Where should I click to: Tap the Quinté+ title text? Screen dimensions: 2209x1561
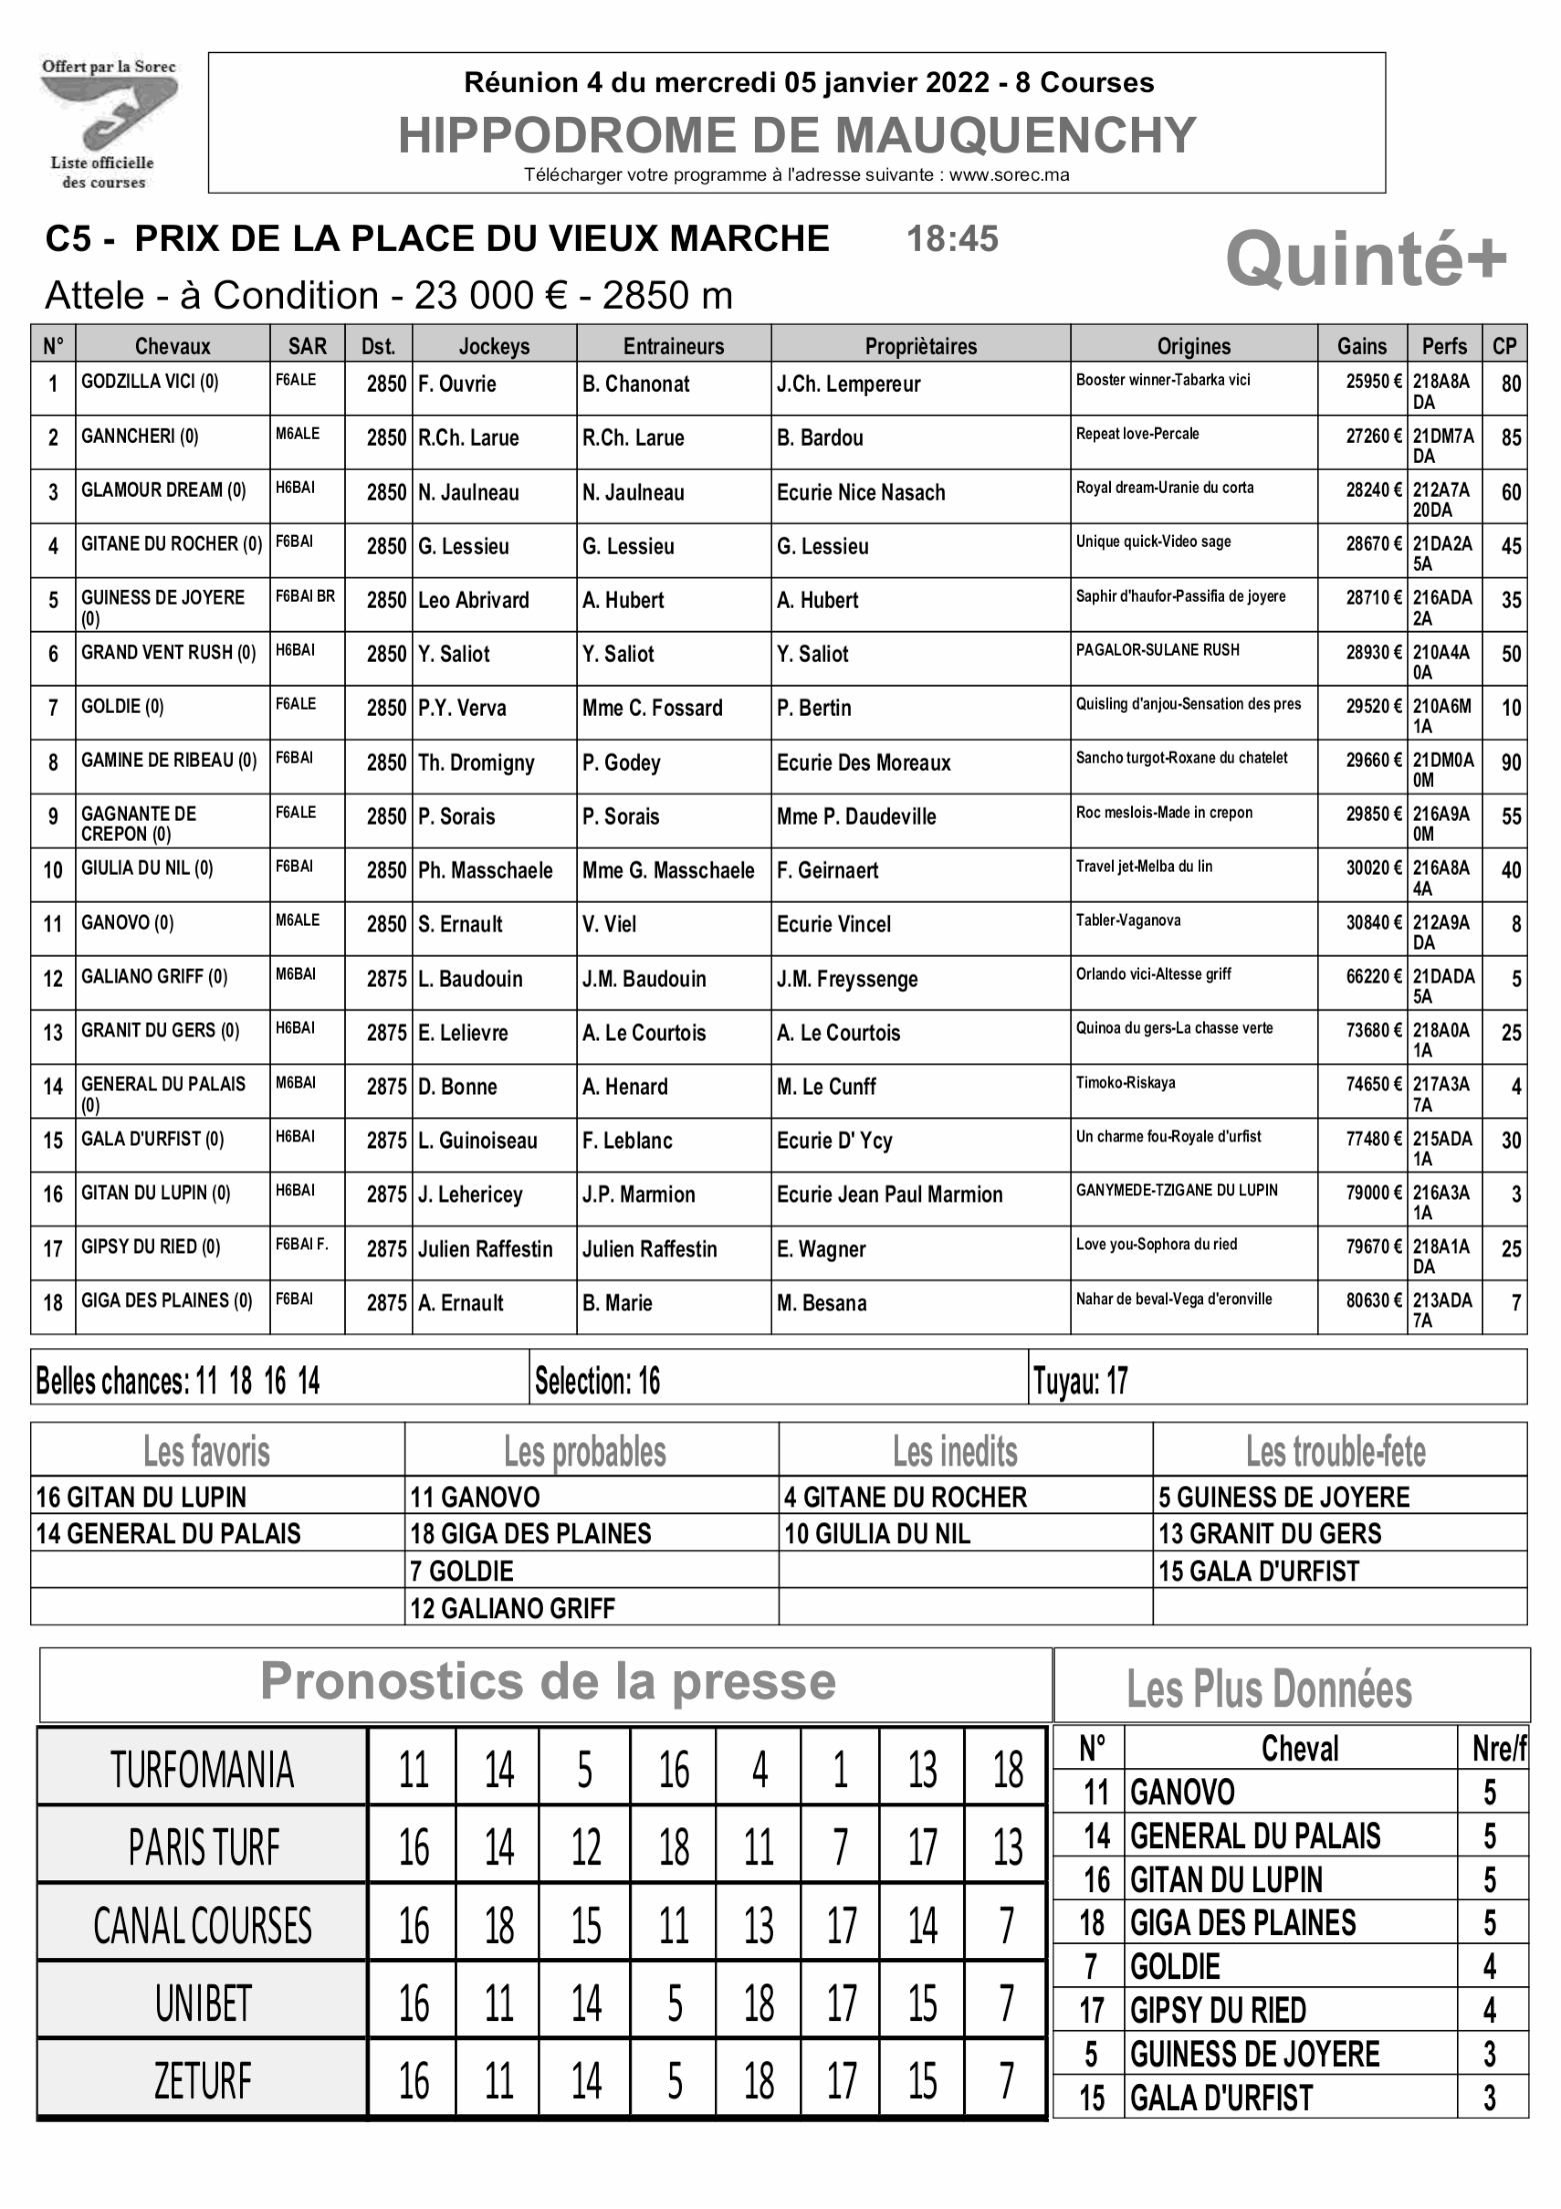tap(1365, 259)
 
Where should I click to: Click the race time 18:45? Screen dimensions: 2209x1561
tap(952, 239)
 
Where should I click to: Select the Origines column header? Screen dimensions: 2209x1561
tap(1193, 346)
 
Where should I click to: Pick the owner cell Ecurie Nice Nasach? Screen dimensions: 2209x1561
tap(860, 493)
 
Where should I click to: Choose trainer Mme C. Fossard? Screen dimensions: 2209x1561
tap(652, 709)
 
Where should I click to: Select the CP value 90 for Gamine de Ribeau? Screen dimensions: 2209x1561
tap(1510, 763)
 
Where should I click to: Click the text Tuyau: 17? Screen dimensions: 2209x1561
tap(1080, 1381)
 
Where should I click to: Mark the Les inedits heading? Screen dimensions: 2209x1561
tap(955, 1451)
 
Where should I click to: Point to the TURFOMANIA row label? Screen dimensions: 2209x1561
tap(202, 1770)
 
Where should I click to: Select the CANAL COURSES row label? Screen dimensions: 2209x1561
tap(202, 1926)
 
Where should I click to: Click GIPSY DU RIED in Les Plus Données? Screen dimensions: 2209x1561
tap(1218, 2010)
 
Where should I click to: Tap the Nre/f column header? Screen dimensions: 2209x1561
tap(1498, 1748)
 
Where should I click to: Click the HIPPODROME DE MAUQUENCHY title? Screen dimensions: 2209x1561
tap(796, 135)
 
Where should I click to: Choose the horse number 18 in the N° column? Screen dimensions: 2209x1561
tap(53, 1303)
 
